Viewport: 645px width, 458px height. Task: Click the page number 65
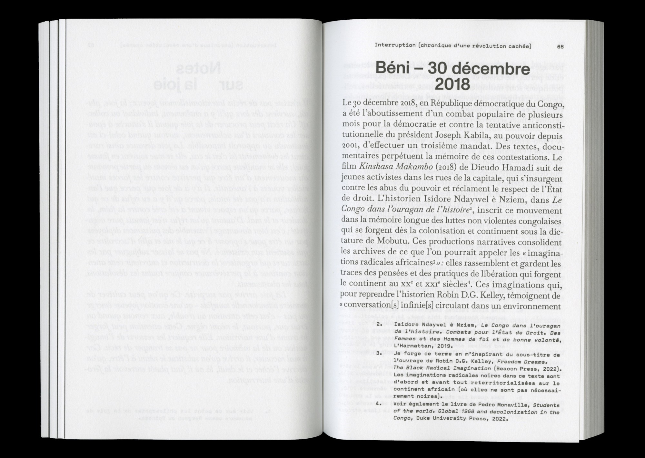560,46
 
